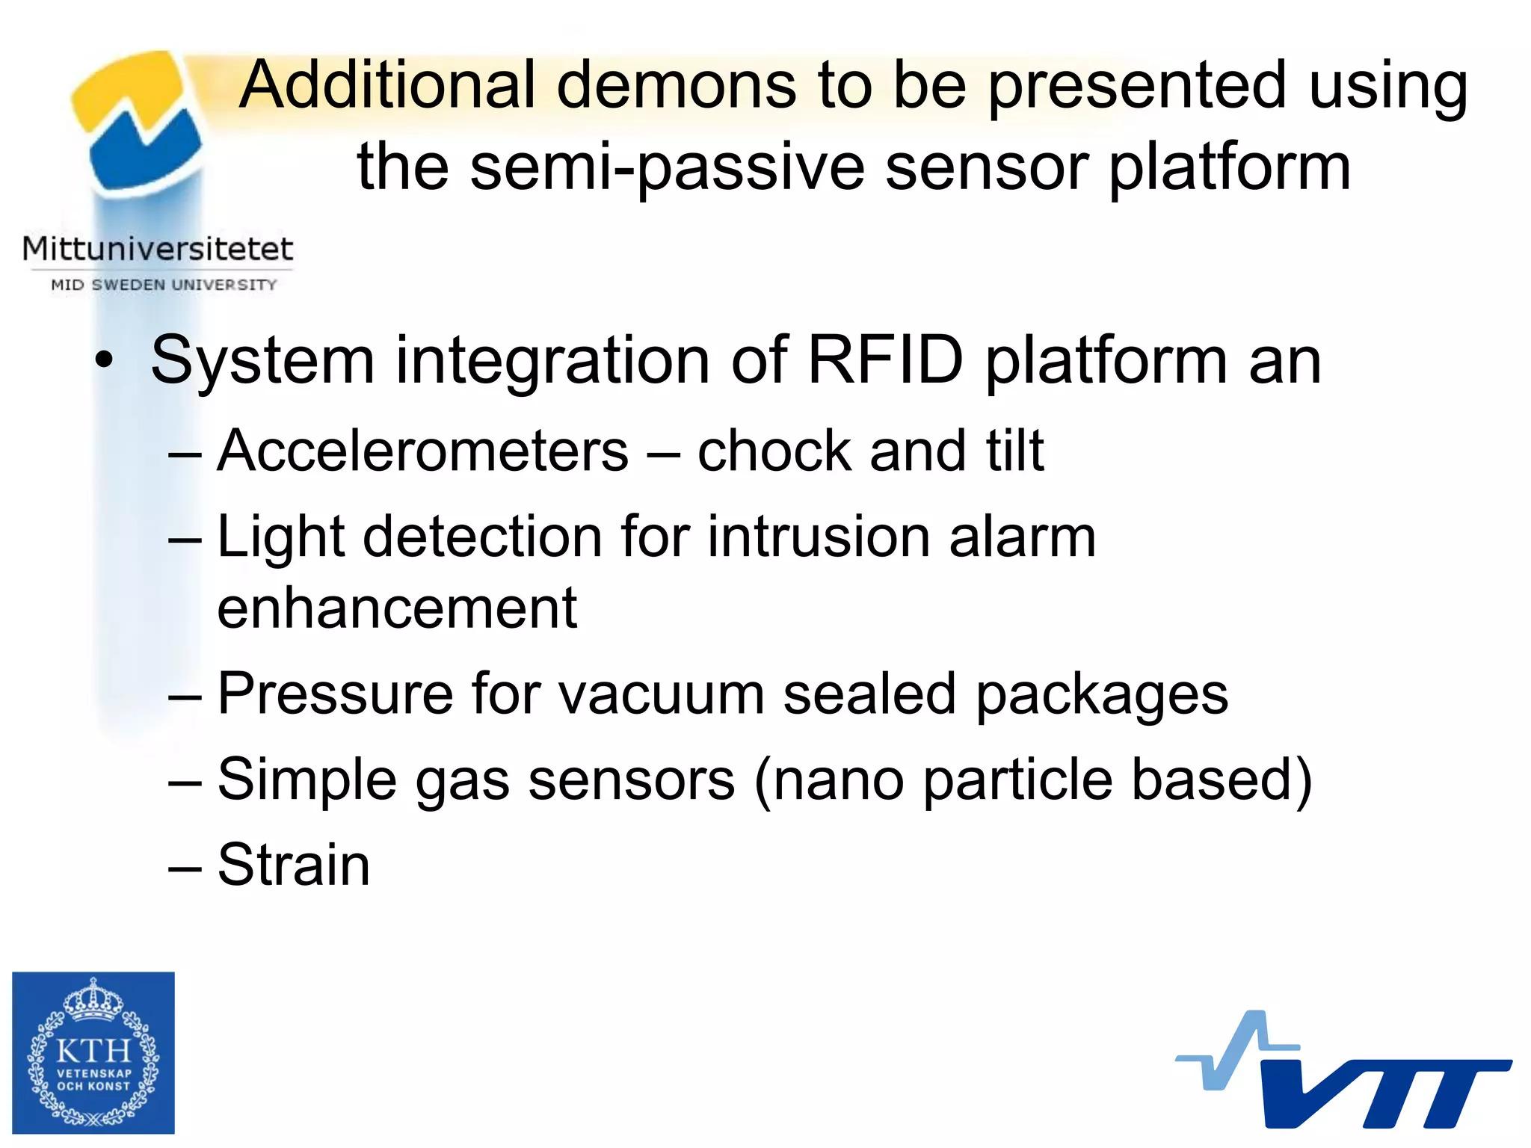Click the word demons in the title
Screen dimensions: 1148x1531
(x=677, y=86)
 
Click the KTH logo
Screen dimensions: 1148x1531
(x=93, y=1052)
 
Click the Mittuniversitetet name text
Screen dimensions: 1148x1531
(x=158, y=249)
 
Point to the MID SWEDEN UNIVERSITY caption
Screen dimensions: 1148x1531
(x=164, y=285)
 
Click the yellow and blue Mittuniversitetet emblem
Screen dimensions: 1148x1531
(x=138, y=120)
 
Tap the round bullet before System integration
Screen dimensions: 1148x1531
(x=105, y=362)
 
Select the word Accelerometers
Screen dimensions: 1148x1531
(x=422, y=451)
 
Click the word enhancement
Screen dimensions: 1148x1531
(x=397, y=608)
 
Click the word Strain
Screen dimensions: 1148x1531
(x=293, y=865)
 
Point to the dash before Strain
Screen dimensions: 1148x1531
(x=185, y=867)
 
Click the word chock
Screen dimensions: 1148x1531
(x=773, y=451)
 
